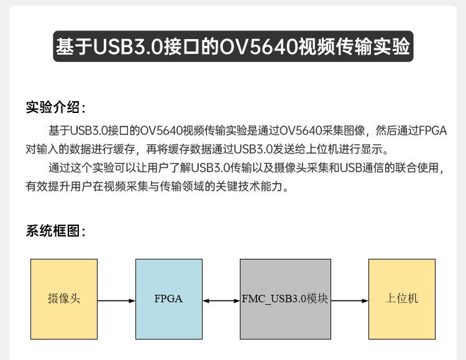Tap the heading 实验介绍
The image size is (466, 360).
click(53, 107)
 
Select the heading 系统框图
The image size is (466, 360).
click(53, 232)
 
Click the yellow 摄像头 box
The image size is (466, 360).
click(64, 299)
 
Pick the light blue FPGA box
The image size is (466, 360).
click(168, 299)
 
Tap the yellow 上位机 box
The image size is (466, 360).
click(401, 299)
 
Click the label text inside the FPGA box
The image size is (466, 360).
click(168, 299)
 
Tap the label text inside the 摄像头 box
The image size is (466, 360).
click(64, 299)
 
